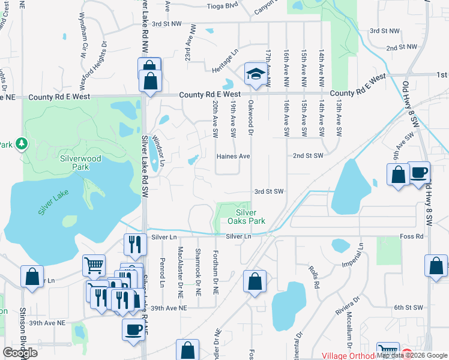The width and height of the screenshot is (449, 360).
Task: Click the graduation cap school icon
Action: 255,74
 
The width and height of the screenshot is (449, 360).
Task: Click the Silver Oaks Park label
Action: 246,217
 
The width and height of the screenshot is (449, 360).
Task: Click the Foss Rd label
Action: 411,236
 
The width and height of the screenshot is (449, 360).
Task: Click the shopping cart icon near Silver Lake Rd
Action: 94,265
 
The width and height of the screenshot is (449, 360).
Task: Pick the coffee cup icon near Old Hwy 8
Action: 419,172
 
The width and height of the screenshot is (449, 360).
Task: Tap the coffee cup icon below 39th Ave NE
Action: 133,328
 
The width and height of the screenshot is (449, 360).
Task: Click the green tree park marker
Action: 22,143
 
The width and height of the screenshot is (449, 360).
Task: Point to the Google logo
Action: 20,353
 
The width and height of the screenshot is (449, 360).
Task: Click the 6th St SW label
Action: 409,307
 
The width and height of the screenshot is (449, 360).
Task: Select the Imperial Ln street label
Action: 361,254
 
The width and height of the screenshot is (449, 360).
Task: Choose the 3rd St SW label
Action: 268,191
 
